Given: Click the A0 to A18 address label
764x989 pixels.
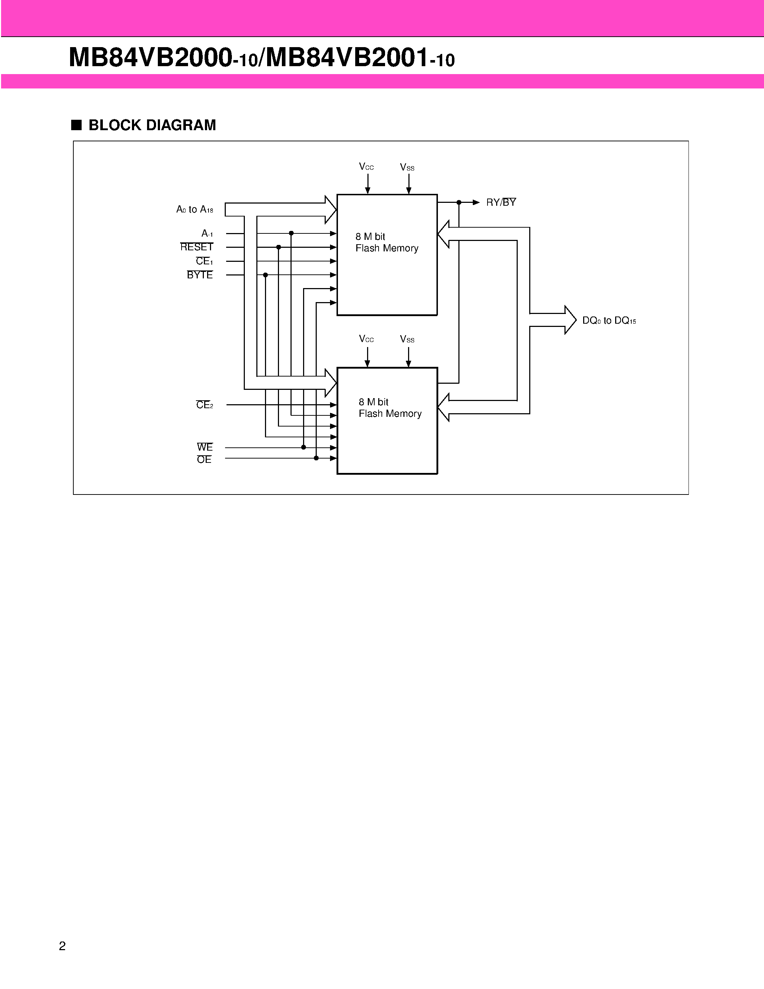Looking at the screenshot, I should tap(195, 209).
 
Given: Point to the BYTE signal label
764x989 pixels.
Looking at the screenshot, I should tap(200, 275).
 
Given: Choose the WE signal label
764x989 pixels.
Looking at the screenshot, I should tap(205, 447).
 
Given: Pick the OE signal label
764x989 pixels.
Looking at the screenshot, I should tap(204, 460).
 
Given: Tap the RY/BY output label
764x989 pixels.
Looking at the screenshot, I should tap(500, 202).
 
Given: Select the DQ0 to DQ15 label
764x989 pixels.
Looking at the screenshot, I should tap(609, 320).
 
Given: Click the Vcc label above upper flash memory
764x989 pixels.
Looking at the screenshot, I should tap(366, 167).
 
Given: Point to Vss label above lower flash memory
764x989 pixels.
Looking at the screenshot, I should tap(407, 339).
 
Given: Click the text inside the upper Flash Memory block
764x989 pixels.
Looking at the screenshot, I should tap(386, 242).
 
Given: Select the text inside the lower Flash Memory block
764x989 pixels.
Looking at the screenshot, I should tap(390, 407).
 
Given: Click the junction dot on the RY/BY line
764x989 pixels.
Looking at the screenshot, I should tap(459, 202).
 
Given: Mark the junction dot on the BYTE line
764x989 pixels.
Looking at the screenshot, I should tap(266, 275).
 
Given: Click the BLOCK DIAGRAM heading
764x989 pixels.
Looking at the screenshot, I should tap(152, 125).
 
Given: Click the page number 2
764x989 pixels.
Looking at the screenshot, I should tap(63, 946).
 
